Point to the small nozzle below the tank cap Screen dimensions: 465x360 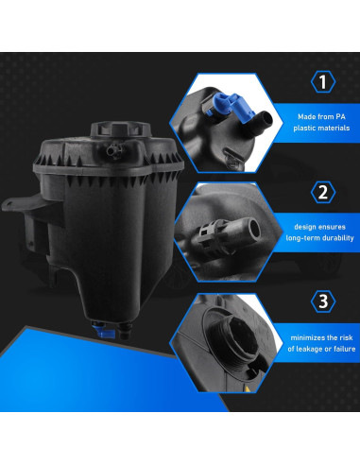tap(114, 149)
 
